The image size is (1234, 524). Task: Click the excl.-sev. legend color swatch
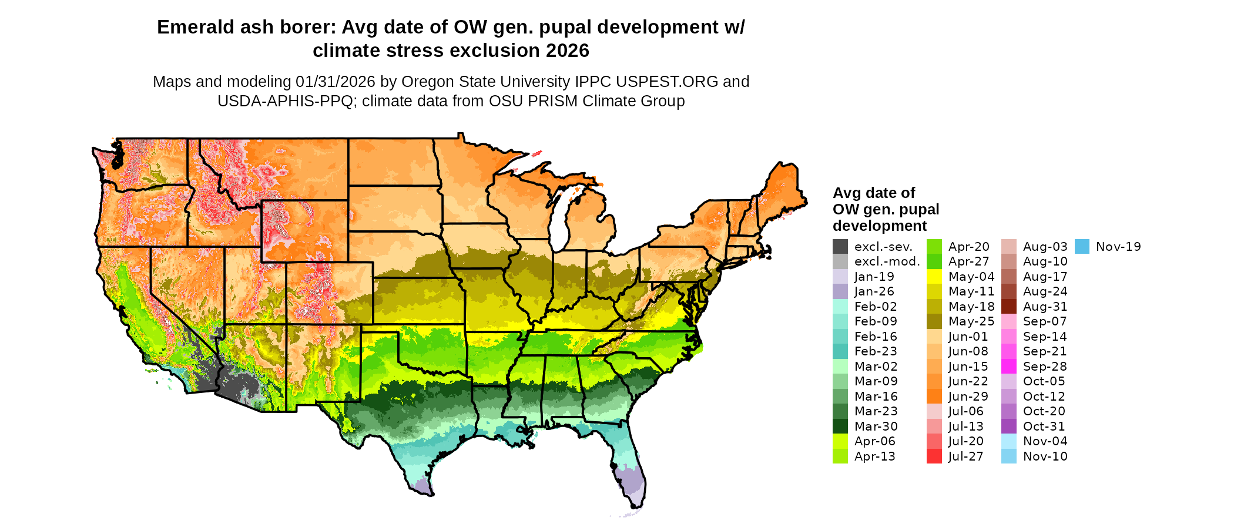[x=840, y=247]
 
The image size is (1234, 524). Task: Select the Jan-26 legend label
[x=874, y=291]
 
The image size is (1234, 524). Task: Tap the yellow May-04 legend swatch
[x=934, y=277]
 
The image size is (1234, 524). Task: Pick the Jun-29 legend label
[x=968, y=397]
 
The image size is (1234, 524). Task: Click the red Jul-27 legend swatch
[x=934, y=456]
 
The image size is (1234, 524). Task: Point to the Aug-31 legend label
[x=1045, y=307]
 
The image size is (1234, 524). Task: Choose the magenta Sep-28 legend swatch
[x=1009, y=367]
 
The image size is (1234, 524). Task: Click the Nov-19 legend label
[x=1118, y=247]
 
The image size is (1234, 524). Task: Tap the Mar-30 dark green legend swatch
[x=840, y=426]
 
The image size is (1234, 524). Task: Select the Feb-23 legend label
[x=876, y=351]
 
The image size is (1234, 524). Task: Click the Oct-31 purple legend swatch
[x=1009, y=426]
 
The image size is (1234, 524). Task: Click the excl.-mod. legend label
[x=887, y=262]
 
